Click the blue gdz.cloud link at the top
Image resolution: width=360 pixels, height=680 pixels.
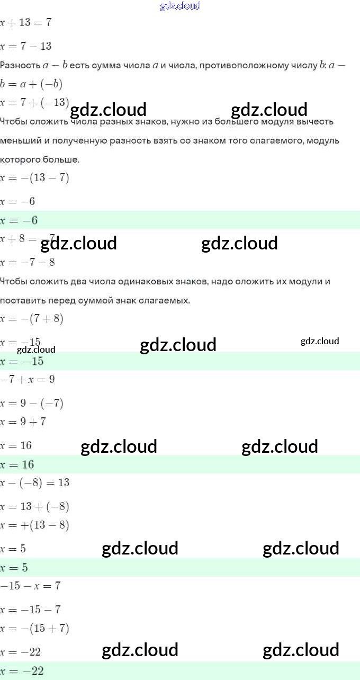point(180,6)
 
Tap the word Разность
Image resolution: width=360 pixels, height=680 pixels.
point(20,66)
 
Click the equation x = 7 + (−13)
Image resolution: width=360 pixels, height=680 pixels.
point(34,102)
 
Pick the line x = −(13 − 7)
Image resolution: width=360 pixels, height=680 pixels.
point(34,178)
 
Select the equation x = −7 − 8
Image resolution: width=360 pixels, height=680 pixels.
point(28,262)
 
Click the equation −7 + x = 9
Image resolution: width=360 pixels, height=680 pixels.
point(28,380)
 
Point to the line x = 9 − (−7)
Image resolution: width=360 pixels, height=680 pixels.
point(32,404)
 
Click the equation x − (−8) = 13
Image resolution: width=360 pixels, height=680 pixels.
point(34,483)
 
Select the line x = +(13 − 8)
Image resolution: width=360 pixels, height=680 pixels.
point(34,525)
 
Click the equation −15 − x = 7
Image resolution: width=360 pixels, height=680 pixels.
point(30,586)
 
